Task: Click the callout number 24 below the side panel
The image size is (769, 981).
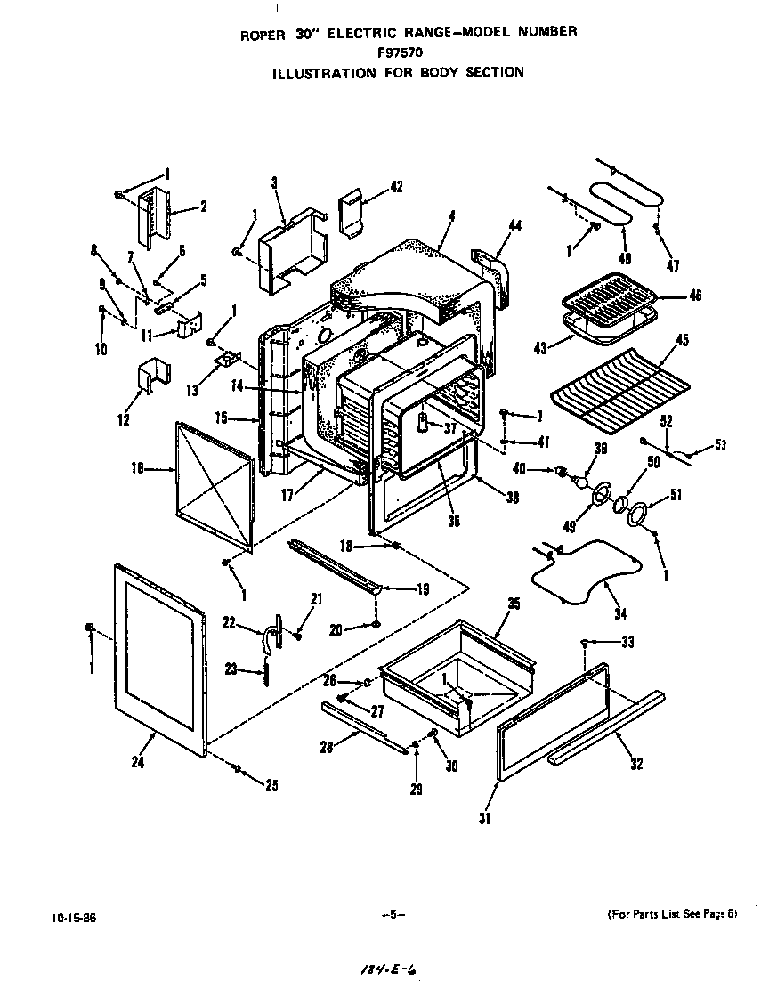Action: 137,762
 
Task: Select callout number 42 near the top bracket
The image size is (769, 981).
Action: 396,187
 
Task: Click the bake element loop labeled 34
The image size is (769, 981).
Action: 587,574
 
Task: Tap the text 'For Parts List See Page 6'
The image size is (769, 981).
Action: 671,915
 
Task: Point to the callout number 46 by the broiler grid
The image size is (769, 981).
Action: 694,296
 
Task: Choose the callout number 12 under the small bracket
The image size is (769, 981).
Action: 123,419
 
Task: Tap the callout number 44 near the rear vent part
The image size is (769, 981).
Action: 514,227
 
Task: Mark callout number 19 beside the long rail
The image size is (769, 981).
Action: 422,588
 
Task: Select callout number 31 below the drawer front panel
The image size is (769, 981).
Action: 484,818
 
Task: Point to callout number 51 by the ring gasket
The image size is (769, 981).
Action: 676,496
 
